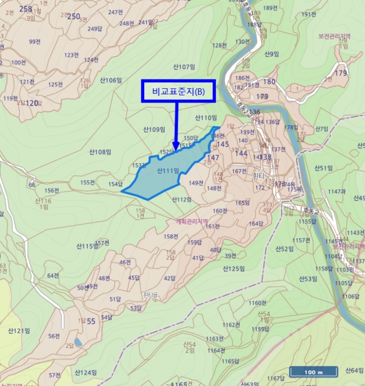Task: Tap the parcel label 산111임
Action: (168, 171)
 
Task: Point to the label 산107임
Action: (184, 67)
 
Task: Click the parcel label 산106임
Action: (111, 80)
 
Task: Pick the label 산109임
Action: (154, 130)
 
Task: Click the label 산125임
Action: (233, 269)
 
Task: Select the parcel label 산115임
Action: (87, 246)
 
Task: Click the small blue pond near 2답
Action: (79, 342)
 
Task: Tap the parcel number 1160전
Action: (257, 303)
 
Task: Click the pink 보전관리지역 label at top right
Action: (334, 36)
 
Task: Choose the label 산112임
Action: (182, 199)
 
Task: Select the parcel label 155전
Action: (88, 182)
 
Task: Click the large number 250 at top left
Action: (73, 17)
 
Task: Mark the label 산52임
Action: (284, 249)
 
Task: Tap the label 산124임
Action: (85, 372)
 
